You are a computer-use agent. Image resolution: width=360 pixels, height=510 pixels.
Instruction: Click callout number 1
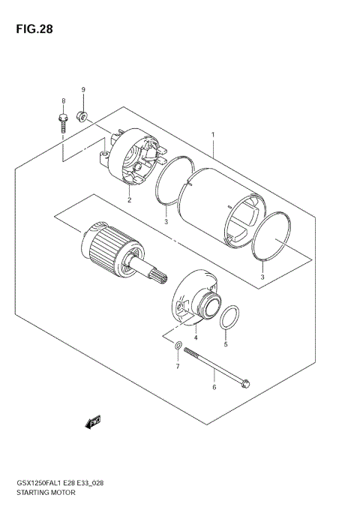pyautogui.click(x=213, y=136)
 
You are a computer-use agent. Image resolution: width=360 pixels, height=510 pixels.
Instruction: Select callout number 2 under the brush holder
pyautogui.click(x=129, y=200)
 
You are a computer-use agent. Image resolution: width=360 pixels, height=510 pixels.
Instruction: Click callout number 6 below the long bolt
pyautogui.click(x=214, y=388)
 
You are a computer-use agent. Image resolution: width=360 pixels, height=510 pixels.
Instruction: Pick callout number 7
pyautogui.click(x=178, y=367)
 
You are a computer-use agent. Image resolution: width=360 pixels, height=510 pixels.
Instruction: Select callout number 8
pyautogui.click(x=64, y=100)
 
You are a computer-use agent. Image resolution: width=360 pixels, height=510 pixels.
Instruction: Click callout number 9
pyautogui.click(x=83, y=90)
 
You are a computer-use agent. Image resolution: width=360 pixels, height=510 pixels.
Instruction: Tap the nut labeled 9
pyautogui.click(x=83, y=115)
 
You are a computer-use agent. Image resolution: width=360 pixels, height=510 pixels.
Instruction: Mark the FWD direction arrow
pyautogui.click(x=93, y=424)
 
